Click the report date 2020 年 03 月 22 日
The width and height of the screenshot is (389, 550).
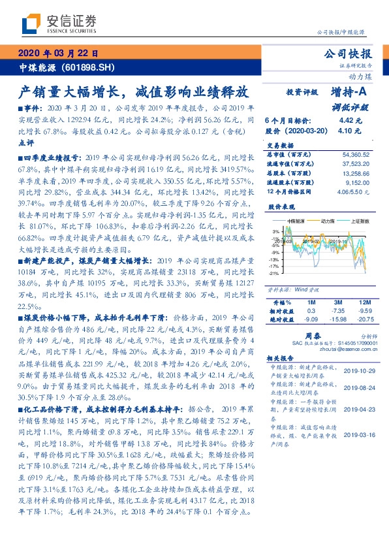click(x=57, y=54)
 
